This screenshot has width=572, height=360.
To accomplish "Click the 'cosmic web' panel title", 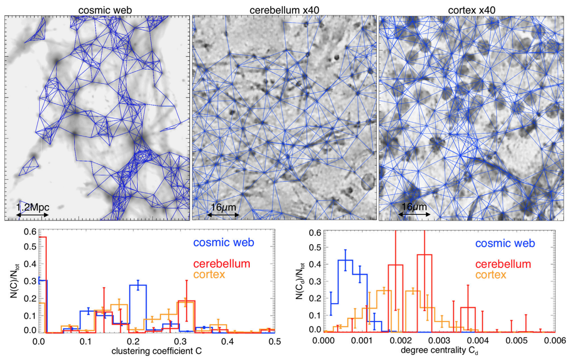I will pos(97,8).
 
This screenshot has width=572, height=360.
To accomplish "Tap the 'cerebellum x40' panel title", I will pos(284,8).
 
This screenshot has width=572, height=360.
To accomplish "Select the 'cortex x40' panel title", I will pos(471,8).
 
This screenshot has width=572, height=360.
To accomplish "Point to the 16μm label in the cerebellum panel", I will pos(223,207).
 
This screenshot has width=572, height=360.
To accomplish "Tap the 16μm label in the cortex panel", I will pos(415,207).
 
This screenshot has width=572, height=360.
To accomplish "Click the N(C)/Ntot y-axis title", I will pos(14,281).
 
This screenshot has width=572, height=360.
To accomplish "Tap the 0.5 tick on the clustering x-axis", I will pos(274,341).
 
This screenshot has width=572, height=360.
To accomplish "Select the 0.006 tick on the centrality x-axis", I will pos(555,341).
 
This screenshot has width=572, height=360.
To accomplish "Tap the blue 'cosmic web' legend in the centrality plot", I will pos(505,243).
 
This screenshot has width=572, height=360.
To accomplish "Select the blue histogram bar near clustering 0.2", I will pos(138,309).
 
